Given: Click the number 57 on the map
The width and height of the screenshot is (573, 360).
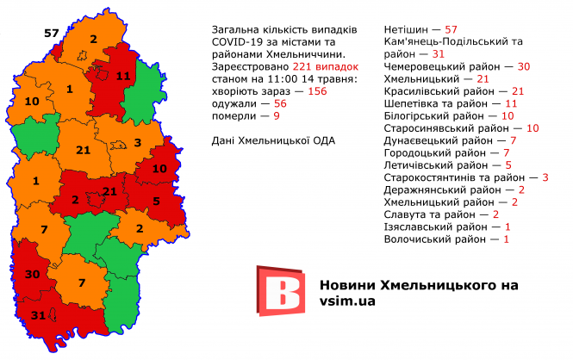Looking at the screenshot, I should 52,34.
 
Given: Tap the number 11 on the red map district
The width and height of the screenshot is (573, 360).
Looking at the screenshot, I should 122,77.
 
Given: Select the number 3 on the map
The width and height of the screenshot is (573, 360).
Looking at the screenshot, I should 137,143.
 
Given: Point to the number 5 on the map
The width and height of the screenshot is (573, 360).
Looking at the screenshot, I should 156,202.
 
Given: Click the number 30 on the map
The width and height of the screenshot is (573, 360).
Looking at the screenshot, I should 34,275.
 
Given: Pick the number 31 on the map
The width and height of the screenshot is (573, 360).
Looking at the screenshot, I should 37,315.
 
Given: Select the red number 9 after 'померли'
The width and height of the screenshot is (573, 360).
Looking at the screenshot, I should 277,115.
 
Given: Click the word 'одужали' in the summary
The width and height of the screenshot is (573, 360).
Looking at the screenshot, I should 234,102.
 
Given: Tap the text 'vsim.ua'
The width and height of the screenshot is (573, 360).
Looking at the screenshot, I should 346,301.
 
